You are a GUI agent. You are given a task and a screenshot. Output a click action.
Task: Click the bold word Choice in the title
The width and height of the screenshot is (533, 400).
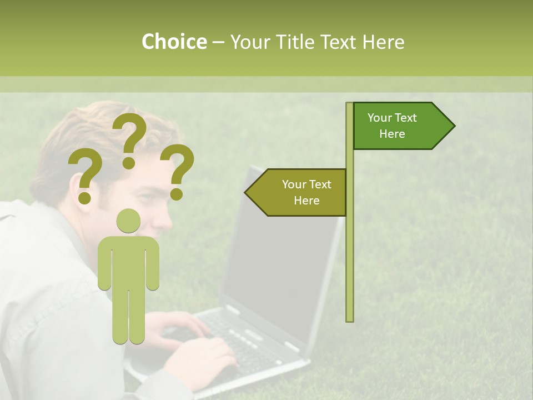pyautogui.click(x=174, y=42)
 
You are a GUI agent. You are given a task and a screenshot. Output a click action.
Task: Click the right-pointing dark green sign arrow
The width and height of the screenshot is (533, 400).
pyautogui.click(x=400, y=126)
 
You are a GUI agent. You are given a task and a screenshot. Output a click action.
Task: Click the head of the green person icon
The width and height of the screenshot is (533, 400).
pyautogui.click(x=129, y=221)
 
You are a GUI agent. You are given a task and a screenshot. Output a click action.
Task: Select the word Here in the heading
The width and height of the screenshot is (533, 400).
pyautogui.click(x=384, y=42)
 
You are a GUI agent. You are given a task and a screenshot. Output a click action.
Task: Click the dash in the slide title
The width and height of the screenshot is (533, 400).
pyautogui.click(x=218, y=42)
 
